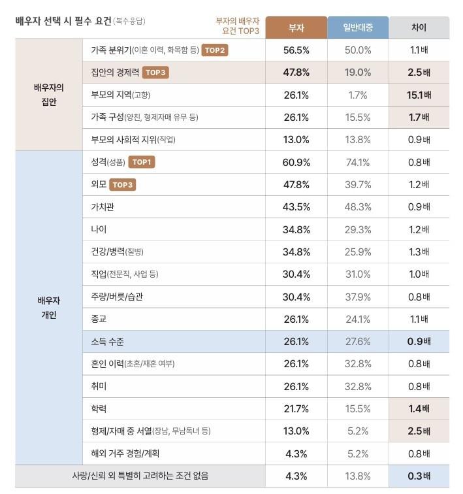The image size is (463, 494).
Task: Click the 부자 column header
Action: click(x=296, y=27)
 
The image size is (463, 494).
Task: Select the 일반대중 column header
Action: click(x=357, y=27)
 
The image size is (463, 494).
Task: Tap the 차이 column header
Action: click(x=419, y=27)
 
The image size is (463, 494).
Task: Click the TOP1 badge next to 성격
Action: click(x=142, y=162)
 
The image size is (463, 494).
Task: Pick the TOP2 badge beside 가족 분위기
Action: click(x=215, y=50)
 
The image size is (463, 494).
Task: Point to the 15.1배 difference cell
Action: click(x=419, y=95)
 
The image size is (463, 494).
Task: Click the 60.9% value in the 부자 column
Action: click(x=296, y=162)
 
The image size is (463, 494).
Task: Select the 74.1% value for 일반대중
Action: click(x=357, y=162)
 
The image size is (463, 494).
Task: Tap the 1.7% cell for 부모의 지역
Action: click(x=357, y=95)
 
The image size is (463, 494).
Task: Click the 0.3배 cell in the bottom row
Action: click(x=419, y=476)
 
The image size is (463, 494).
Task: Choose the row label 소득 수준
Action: click(x=108, y=341)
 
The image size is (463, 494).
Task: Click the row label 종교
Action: click(x=99, y=319)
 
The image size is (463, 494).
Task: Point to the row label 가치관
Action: click(x=103, y=206)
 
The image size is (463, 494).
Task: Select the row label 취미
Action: click(x=99, y=386)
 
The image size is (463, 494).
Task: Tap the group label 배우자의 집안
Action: click(x=49, y=94)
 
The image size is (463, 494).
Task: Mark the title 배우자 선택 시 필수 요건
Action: click(x=63, y=21)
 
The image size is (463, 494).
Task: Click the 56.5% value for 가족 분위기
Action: click(x=296, y=50)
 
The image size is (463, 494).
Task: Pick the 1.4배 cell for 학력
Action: click(x=419, y=408)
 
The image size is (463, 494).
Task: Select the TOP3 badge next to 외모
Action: click(x=123, y=185)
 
